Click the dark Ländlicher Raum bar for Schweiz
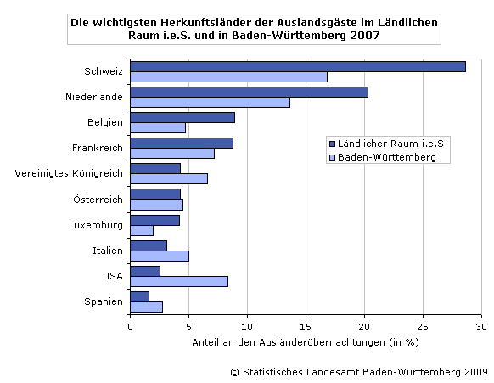tap(297, 66)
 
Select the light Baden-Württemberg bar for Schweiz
tap(228, 77)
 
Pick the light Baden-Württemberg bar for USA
tap(179, 281)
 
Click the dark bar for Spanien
tap(140, 296)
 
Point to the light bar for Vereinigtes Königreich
tap(169, 178)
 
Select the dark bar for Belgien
tap(182, 117)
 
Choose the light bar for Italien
tap(160, 256)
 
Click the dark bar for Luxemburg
tap(155, 219)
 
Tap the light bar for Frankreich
tap(172, 154)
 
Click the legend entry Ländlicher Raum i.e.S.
tap(392, 144)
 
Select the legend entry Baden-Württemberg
tap(387, 157)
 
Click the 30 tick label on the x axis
tap(480, 326)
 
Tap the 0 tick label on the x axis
tap(131, 326)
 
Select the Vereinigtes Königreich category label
tap(70, 174)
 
